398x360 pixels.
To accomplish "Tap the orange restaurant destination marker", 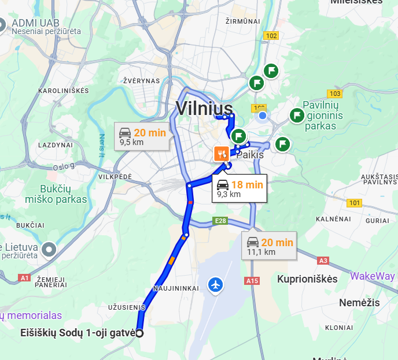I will [x=220, y=154].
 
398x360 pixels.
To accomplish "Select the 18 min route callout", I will [x=239, y=188].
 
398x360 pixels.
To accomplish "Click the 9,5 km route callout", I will [x=142, y=136].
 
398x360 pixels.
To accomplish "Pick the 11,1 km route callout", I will [x=270, y=246].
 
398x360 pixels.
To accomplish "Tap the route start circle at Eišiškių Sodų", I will [x=139, y=333].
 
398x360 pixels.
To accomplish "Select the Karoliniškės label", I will [x=64, y=91].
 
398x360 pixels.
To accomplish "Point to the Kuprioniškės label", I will [x=307, y=279].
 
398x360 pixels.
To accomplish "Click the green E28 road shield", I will [x=220, y=221].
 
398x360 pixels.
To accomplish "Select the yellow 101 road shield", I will [x=354, y=203].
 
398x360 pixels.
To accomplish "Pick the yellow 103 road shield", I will [x=334, y=94].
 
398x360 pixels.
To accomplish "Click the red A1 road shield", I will [x=24, y=278].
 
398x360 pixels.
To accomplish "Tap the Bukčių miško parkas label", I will [x=56, y=194].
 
